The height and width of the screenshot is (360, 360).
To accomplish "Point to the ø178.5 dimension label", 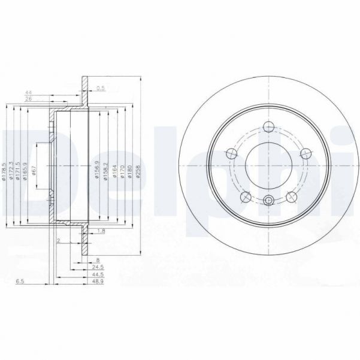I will pos(4,171).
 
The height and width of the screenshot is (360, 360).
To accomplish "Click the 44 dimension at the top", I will pos(28,92).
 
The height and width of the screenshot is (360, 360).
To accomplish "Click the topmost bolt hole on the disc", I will pos(268,126).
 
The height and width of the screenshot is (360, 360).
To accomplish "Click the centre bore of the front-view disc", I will pos(268,164).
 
